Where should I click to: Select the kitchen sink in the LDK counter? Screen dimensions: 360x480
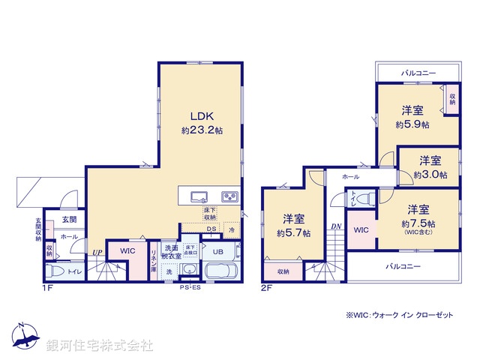199,196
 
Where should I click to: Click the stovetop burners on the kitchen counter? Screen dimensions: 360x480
229,196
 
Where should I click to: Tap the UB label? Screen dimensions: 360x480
217,252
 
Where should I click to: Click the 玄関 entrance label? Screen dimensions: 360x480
68,220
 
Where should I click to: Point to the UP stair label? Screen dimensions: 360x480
97,252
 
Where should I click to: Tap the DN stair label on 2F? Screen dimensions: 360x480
335,226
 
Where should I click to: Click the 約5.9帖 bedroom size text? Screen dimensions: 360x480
413,124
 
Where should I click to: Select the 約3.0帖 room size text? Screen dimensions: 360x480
430,175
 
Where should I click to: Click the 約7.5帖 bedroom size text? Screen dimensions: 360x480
418,223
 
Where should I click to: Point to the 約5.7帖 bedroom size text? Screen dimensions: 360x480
293,233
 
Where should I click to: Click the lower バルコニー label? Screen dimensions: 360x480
403,267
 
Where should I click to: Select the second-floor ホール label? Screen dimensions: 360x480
350,177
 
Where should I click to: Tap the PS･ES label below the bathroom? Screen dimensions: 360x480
190,288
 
